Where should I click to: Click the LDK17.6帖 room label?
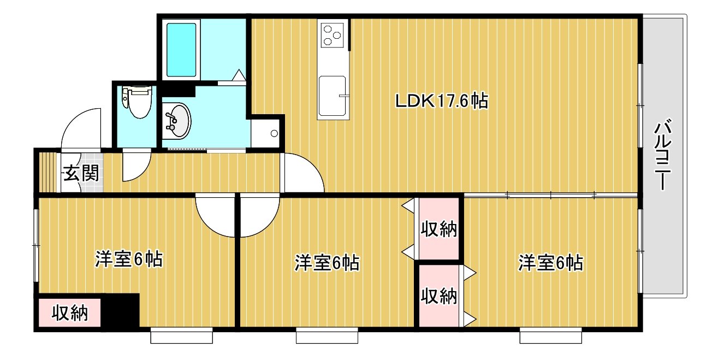click(442, 101)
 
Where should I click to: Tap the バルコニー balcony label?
click(662, 155)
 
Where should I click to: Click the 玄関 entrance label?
click(81, 173)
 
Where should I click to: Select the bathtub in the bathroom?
click(181, 50)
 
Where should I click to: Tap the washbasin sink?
click(176, 121)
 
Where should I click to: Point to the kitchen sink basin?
click(333, 96)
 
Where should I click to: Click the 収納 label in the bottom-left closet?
click(70, 313)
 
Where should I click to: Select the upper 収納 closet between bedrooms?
click(438, 228)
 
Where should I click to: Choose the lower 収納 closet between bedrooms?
click(439, 296)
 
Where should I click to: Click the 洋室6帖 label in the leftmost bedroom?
click(129, 259)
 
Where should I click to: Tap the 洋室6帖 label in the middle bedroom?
click(327, 263)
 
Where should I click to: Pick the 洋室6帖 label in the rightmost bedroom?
click(551, 263)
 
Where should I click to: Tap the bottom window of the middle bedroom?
click(327, 335)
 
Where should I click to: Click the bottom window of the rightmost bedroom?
click(551, 335)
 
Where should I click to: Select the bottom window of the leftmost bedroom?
click(181, 335)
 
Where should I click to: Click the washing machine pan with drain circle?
click(266, 133)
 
